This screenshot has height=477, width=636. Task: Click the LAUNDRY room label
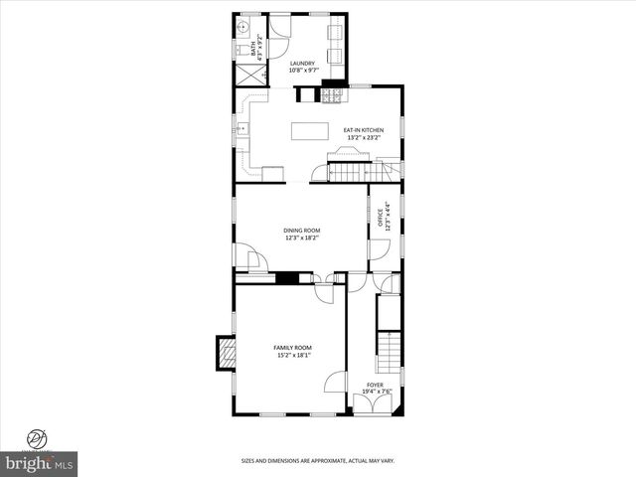tap(302, 64)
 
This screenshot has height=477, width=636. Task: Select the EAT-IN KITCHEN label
tap(363, 130)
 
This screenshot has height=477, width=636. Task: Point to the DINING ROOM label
tap(301, 231)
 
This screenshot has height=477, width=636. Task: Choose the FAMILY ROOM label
tap(292, 347)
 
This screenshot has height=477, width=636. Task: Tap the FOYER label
tap(375, 384)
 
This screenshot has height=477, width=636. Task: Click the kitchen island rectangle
tap(309, 131)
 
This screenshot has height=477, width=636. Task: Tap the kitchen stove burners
tap(333, 95)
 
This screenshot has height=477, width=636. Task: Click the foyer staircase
tap(391, 350)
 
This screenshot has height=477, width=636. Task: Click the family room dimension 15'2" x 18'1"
tap(292, 355)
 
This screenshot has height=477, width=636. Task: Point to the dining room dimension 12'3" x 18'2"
tap(301, 238)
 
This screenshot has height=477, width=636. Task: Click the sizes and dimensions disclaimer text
tap(317, 461)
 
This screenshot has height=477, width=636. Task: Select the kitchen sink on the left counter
tap(238, 129)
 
